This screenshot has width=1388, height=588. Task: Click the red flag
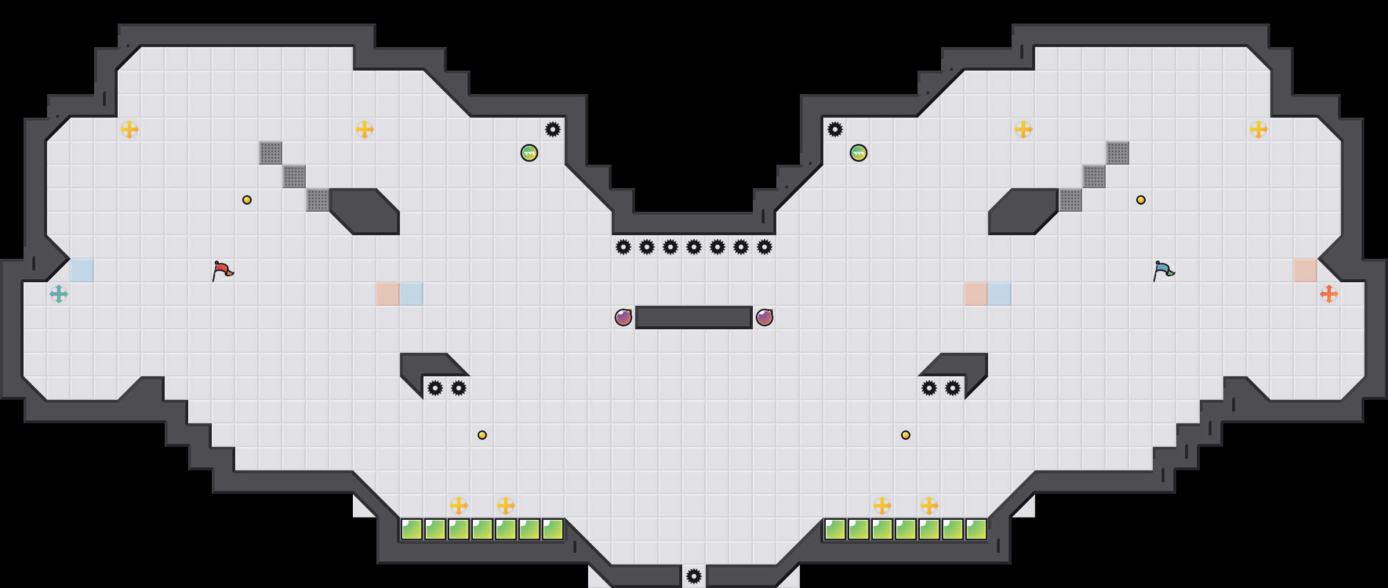[222, 270]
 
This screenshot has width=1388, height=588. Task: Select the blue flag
[1163, 270]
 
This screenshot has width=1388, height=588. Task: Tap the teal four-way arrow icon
[59, 294]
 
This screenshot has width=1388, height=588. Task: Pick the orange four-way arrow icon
[1329, 294]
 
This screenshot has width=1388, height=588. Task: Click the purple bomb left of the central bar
[623, 318]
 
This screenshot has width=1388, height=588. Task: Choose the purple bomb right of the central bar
[765, 318]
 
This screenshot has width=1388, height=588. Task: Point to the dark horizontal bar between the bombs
[694, 318]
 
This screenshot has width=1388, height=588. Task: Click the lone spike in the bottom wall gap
[694, 576]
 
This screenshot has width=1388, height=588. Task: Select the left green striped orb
[529, 153]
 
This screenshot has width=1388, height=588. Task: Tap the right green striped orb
[859, 153]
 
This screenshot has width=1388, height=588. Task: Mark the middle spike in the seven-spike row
[694, 247]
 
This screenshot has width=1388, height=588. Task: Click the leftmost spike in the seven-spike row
[623, 247]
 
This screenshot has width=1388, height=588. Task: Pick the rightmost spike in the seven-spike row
[765, 247]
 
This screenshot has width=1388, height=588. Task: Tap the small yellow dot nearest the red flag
[247, 200]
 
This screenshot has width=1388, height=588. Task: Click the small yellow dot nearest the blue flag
[1141, 200]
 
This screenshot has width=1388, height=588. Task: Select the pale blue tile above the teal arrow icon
[82, 270]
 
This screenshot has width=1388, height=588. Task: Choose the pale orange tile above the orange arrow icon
[1306, 270]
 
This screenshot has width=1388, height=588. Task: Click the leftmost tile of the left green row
[412, 529]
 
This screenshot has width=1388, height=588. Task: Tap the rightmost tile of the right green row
[976, 529]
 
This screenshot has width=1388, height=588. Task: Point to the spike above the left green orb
[553, 129]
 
